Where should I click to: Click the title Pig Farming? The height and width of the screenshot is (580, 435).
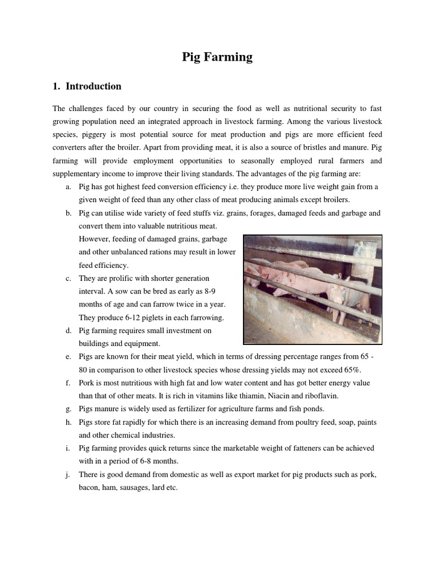tap(217, 57)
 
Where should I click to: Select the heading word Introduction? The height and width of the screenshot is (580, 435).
tap(93, 87)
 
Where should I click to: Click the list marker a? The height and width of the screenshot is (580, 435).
tap(68, 187)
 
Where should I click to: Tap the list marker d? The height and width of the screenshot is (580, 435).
tap(68, 330)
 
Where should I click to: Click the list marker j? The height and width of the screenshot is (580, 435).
tap(68, 474)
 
